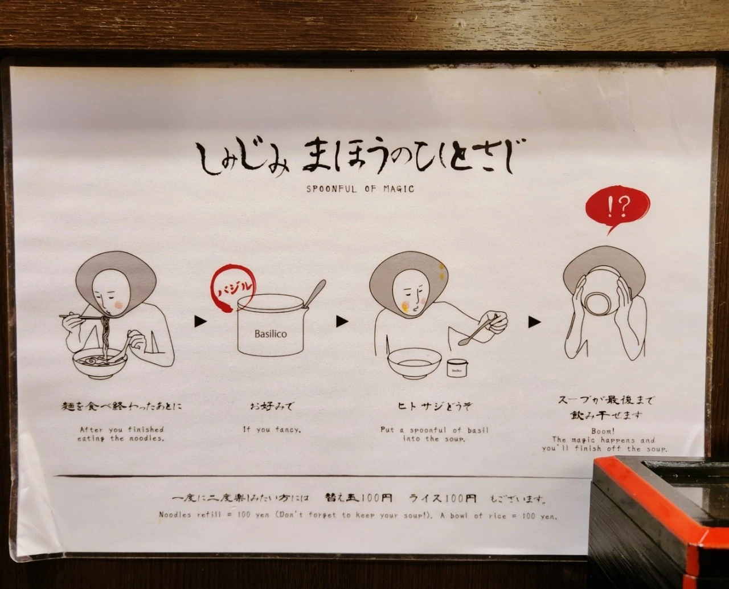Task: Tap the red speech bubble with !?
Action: (x=617, y=208)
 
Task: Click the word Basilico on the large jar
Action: (x=271, y=334)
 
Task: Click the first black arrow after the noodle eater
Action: (x=200, y=322)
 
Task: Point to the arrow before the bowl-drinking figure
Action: (x=534, y=322)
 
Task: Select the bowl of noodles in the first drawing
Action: (x=99, y=362)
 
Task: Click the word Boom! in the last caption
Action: (x=603, y=431)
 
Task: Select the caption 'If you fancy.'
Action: (x=272, y=430)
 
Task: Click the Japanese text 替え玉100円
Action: (x=358, y=498)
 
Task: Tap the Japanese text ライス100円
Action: (x=442, y=498)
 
